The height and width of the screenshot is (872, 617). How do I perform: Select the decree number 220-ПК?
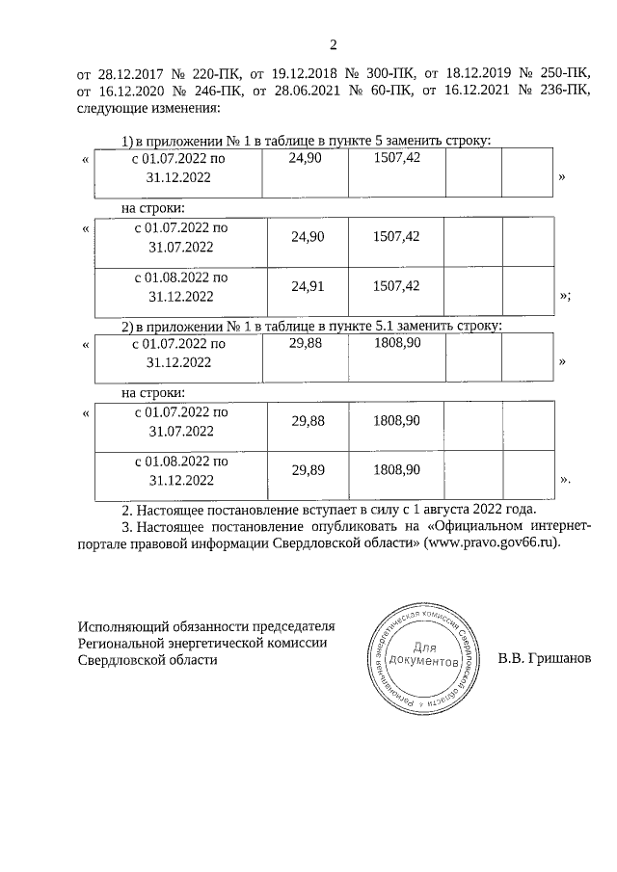pyautogui.click(x=196, y=72)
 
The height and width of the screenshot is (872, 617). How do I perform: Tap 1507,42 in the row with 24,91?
pyautogui.click(x=395, y=286)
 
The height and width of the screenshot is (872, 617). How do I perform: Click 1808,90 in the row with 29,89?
pyautogui.click(x=395, y=470)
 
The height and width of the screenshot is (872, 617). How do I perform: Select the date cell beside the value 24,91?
pyautogui.click(x=180, y=286)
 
